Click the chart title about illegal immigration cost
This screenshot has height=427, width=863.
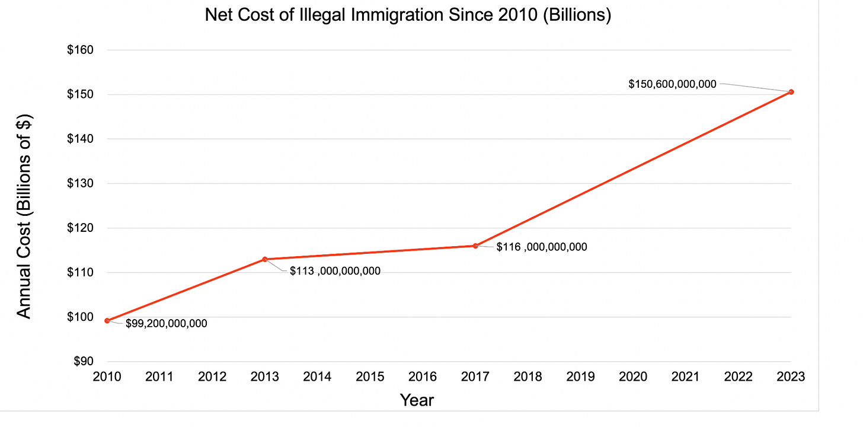coord(408,15)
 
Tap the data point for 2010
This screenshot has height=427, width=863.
coord(107,321)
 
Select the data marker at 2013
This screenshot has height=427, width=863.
coord(265,259)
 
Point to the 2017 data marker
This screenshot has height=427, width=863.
coord(475,246)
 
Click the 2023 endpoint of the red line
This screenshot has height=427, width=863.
coord(791,92)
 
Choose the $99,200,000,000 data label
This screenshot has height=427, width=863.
coord(166,324)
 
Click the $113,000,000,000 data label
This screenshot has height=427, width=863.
coord(335,271)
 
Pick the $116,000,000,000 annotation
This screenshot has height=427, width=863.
coord(542,247)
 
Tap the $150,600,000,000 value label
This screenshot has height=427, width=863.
coord(672,85)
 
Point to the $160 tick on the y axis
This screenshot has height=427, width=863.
coord(81,50)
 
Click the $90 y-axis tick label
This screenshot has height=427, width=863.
coord(84,362)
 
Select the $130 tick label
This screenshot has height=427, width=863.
coord(81,184)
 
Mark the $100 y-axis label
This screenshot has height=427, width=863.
coord(81,317)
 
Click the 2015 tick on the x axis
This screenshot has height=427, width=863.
coord(370,377)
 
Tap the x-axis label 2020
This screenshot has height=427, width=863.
coord(633,377)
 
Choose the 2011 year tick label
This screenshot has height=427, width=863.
coord(159,377)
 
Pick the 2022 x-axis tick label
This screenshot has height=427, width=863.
coord(739,377)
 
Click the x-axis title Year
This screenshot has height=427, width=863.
coord(417,400)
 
